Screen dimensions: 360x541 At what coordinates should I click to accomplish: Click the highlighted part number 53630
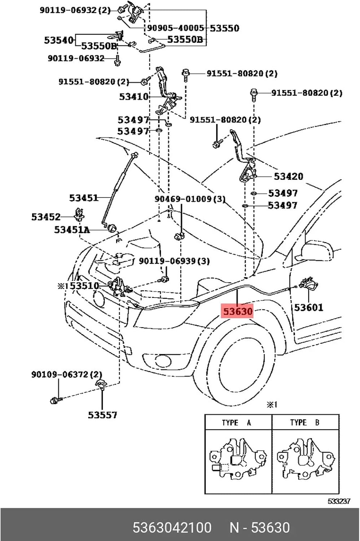(237, 311)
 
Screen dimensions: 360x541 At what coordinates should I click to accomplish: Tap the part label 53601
(308, 307)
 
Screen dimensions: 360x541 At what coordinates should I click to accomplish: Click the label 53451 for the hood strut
(84, 198)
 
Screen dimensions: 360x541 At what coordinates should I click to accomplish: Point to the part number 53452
(46, 217)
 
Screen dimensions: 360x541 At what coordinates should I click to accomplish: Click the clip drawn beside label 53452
(79, 215)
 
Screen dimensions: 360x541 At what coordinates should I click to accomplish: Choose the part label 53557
(102, 415)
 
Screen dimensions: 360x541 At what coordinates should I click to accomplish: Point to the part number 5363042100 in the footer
(172, 527)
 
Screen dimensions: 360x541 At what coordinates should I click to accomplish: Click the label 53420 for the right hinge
(288, 176)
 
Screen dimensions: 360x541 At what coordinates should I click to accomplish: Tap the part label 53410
(133, 97)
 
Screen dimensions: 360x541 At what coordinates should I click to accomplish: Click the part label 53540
(59, 40)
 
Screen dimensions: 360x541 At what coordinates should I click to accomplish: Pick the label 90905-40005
(176, 28)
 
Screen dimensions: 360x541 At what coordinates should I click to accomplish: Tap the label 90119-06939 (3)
(174, 261)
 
